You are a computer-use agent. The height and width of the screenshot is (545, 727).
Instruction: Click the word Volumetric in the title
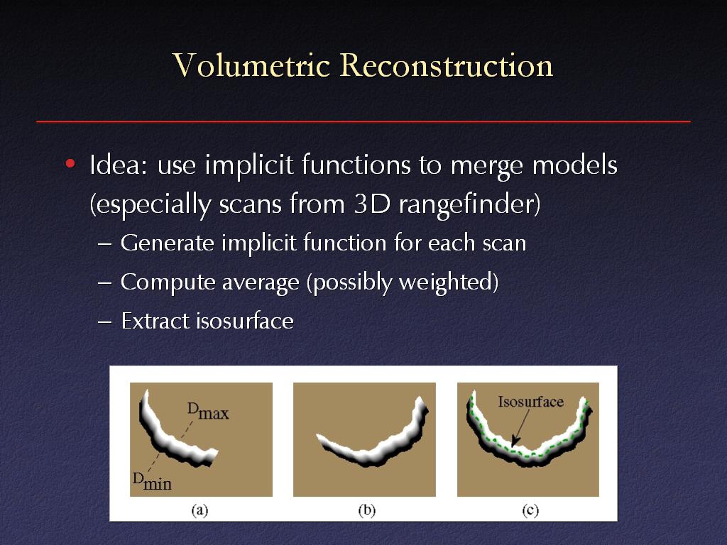[251, 65]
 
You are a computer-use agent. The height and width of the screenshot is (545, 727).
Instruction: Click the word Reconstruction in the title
[447, 65]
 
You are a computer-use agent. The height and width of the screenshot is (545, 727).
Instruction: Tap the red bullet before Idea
[70, 163]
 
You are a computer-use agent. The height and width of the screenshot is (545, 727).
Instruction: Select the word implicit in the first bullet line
[249, 165]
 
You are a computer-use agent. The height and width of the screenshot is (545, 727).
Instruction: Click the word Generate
[168, 243]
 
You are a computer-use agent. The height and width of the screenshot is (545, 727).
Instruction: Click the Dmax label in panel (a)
[208, 412]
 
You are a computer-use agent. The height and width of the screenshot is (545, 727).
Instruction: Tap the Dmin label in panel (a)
[152, 482]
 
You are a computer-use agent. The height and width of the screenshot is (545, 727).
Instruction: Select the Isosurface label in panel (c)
[531, 402]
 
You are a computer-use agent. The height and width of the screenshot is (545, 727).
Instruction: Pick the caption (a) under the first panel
[199, 510]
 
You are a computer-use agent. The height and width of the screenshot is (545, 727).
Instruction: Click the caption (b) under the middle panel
[367, 510]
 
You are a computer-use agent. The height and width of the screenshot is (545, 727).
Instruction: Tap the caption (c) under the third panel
[530, 510]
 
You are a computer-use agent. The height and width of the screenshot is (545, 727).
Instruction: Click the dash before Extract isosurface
[105, 321]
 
